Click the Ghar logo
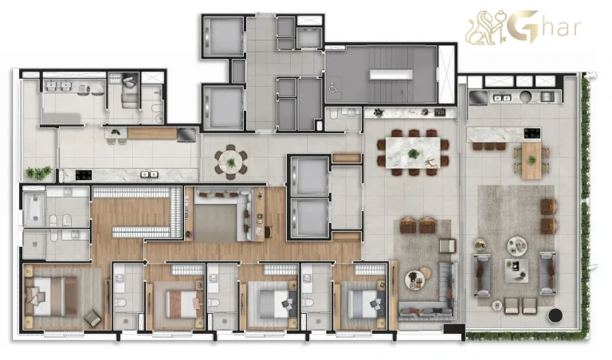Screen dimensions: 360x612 pos(524,26)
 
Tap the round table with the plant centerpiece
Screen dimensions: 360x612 pos(231,162)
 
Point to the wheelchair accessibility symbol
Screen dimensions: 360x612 pos(333,89)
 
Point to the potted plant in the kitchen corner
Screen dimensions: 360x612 pos(37,171)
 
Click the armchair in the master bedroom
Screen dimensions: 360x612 pos(92,317)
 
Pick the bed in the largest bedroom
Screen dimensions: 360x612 pos(49,295)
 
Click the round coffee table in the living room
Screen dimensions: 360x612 pos(414,279)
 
